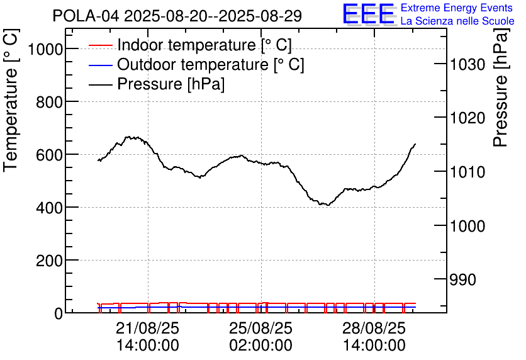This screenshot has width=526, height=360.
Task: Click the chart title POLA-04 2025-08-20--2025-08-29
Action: click(177, 16)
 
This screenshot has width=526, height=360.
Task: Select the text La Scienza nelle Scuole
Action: click(457, 21)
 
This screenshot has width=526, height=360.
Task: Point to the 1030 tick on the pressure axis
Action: click(468, 65)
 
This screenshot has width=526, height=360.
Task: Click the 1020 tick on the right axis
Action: click(468, 118)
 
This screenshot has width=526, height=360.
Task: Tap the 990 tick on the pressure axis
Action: click(464, 279)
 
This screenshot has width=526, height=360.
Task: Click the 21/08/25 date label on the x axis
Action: click(148, 329)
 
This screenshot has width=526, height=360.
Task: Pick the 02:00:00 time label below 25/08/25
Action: click(260, 346)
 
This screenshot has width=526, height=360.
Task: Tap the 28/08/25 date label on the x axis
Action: click(374, 329)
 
